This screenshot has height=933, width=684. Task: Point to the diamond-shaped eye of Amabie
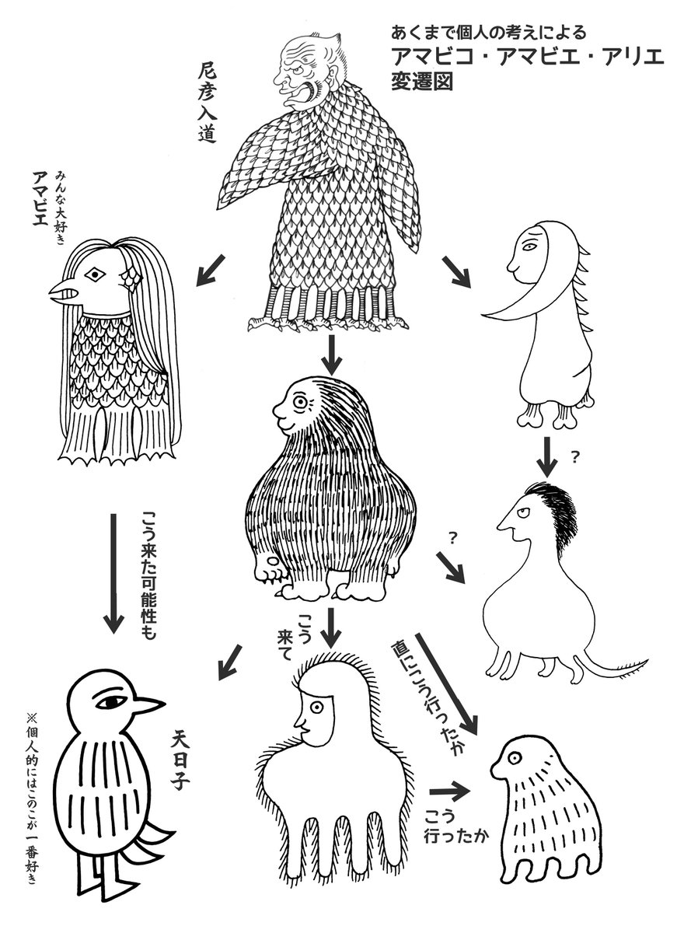[x=96, y=274]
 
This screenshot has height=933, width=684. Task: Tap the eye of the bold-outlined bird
[x=112, y=702]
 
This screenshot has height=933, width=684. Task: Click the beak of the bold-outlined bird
[x=148, y=704]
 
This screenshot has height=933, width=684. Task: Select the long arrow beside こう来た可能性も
[x=113, y=574]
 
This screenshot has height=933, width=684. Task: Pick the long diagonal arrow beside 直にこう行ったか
[x=447, y=685]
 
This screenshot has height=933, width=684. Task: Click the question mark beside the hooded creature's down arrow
[x=575, y=458]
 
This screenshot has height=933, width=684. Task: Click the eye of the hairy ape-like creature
[x=299, y=403]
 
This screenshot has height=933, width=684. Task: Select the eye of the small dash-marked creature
[x=515, y=757]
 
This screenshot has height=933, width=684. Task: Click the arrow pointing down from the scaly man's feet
[x=332, y=355]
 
